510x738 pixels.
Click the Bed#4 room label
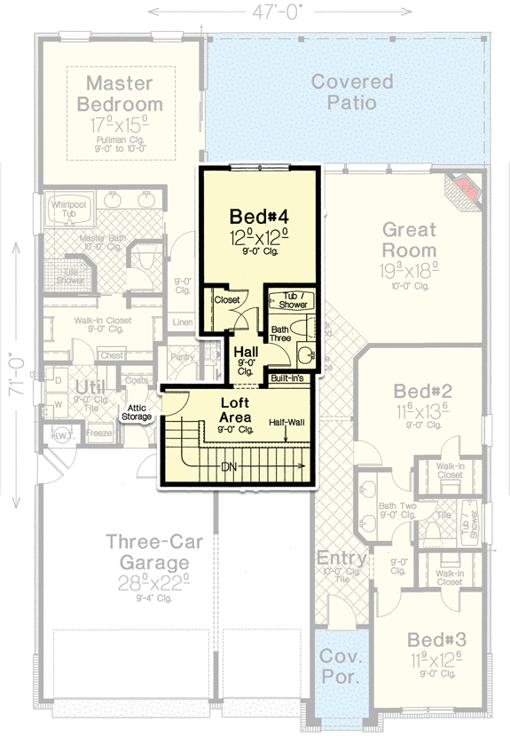click(x=259, y=216)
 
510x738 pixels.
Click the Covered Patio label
click(x=352, y=92)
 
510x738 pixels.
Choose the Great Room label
click(x=409, y=239)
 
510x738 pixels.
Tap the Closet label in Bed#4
click(x=227, y=300)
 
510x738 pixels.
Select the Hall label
click(x=246, y=353)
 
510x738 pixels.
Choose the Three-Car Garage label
click(x=146, y=551)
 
